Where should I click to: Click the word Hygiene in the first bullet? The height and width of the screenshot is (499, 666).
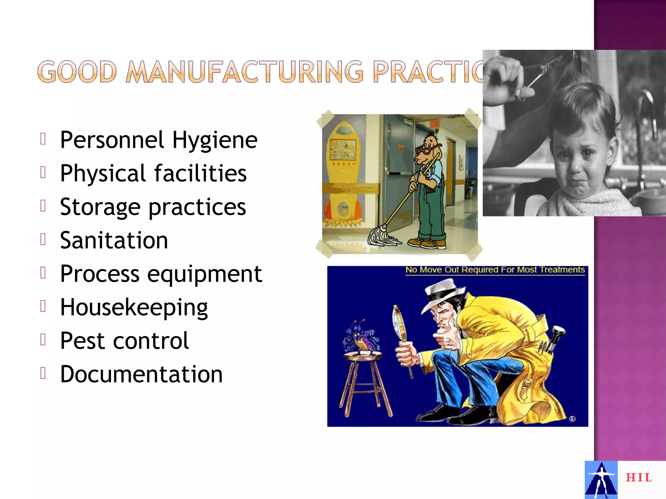point(215,140)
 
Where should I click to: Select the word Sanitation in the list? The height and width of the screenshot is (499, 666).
point(114,240)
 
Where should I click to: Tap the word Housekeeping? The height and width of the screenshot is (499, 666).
point(134,307)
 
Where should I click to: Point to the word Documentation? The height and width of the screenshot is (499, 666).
point(141,374)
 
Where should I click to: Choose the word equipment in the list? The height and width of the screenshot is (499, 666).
point(205,274)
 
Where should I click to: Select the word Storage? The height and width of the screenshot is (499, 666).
point(100,207)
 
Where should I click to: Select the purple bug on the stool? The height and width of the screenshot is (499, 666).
point(360,339)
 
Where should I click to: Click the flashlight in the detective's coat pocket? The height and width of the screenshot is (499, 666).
point(557,338)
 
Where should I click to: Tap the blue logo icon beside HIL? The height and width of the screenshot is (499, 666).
point(601,480)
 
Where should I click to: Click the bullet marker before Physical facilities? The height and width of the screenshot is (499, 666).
point(43,173)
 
